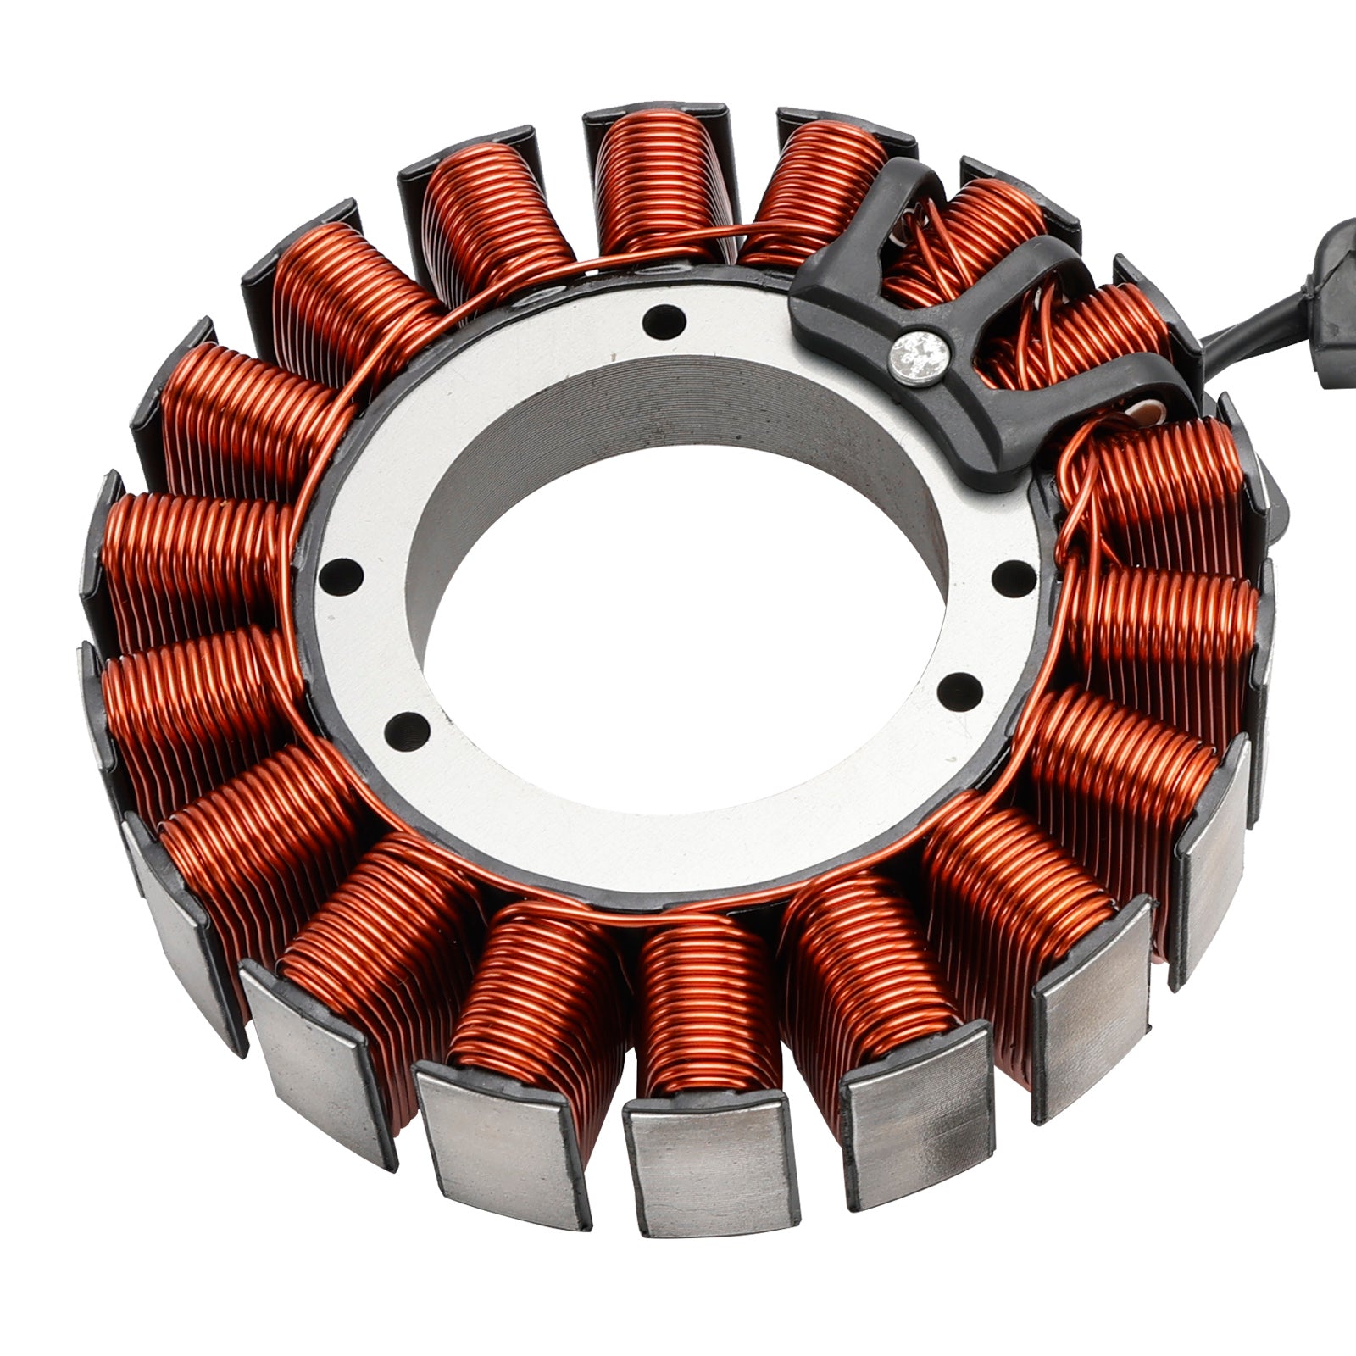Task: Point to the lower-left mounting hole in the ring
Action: click(403, 726)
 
